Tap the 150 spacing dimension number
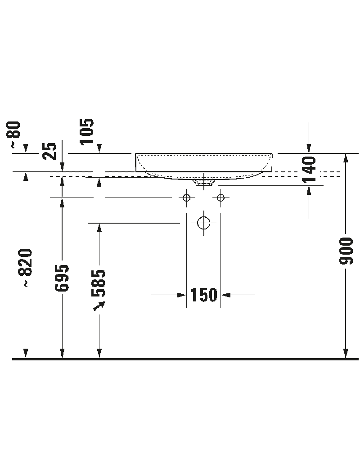(x=204, y=295)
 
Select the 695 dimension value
(x=63, y=278)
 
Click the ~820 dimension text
(x=26, y=267)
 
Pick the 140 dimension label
(x=309, y=169)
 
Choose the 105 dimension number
(x=87, y=131)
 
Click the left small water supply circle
(x=187, y=198)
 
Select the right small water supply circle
(x=220, y=198)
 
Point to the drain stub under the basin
(x=204, y=183)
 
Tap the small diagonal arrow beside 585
(x=99, y=305)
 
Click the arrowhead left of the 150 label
(x=182, y=295)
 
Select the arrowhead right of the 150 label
(x=226, y=295)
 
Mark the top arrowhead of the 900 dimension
(x=346, y=158)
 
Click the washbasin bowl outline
(x=204, y=165)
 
